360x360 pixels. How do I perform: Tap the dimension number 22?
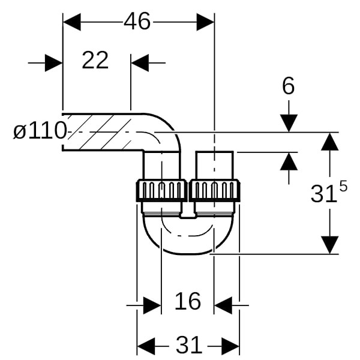click(x=95, y=61)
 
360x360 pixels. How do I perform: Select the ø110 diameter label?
click(x=39, y=131)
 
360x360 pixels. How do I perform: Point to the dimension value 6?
click(x=289, y=87)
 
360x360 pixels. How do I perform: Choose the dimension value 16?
click(x=187, y=301)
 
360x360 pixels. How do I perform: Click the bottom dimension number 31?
click(x=188, y=346)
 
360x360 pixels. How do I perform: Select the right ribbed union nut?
click(x=214, y=191)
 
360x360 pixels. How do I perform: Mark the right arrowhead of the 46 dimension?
click(x=205, y=22)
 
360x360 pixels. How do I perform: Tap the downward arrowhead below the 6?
click(x=289, y=123)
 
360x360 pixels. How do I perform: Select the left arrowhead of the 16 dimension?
click(x=152, y=305)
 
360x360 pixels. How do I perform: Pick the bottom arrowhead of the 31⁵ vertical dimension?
click(x=329, y=244)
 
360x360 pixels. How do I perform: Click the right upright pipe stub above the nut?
click(x=214, y=165)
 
